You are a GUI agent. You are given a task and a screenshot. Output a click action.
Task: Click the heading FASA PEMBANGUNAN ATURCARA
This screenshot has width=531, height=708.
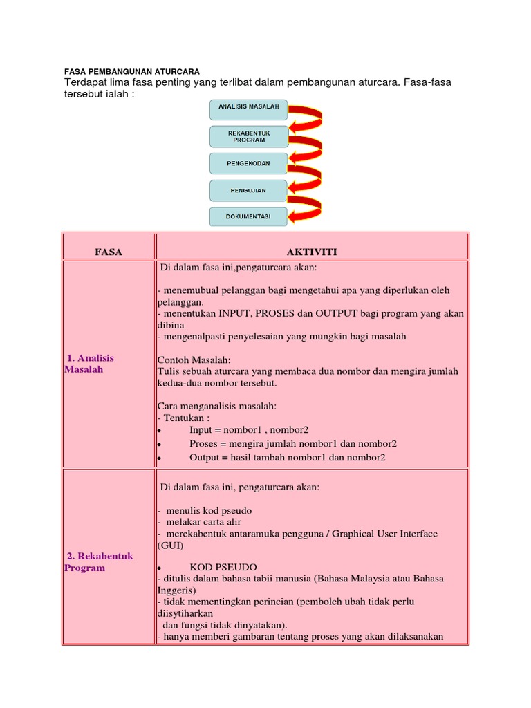click(131, 71)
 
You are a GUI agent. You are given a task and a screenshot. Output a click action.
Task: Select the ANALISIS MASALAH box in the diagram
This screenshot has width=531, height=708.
click(248, 109)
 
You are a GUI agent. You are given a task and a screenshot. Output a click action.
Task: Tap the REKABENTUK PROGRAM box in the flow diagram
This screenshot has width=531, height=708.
click(248, 135)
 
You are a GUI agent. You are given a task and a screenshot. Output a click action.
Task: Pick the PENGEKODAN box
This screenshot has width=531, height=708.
click(248, 163)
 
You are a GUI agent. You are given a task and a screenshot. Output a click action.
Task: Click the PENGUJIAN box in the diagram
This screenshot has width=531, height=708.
click(248, 190)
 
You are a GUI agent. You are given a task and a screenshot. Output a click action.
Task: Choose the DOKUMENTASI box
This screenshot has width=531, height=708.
click(248, 217)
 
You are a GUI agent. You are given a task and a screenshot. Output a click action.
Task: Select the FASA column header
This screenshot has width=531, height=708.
click(109, 252)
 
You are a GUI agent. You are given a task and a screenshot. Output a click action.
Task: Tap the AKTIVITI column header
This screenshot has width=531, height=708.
click(313, 252)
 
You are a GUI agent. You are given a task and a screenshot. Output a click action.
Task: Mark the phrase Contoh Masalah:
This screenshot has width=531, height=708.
click(194, 360)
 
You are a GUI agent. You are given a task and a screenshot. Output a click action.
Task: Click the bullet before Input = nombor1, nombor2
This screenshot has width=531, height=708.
click(159, 430)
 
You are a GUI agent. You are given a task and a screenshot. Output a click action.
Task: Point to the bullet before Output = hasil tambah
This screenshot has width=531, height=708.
click(159, 458)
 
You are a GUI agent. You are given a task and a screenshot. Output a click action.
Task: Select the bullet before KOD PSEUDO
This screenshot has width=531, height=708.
click(159, 566)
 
